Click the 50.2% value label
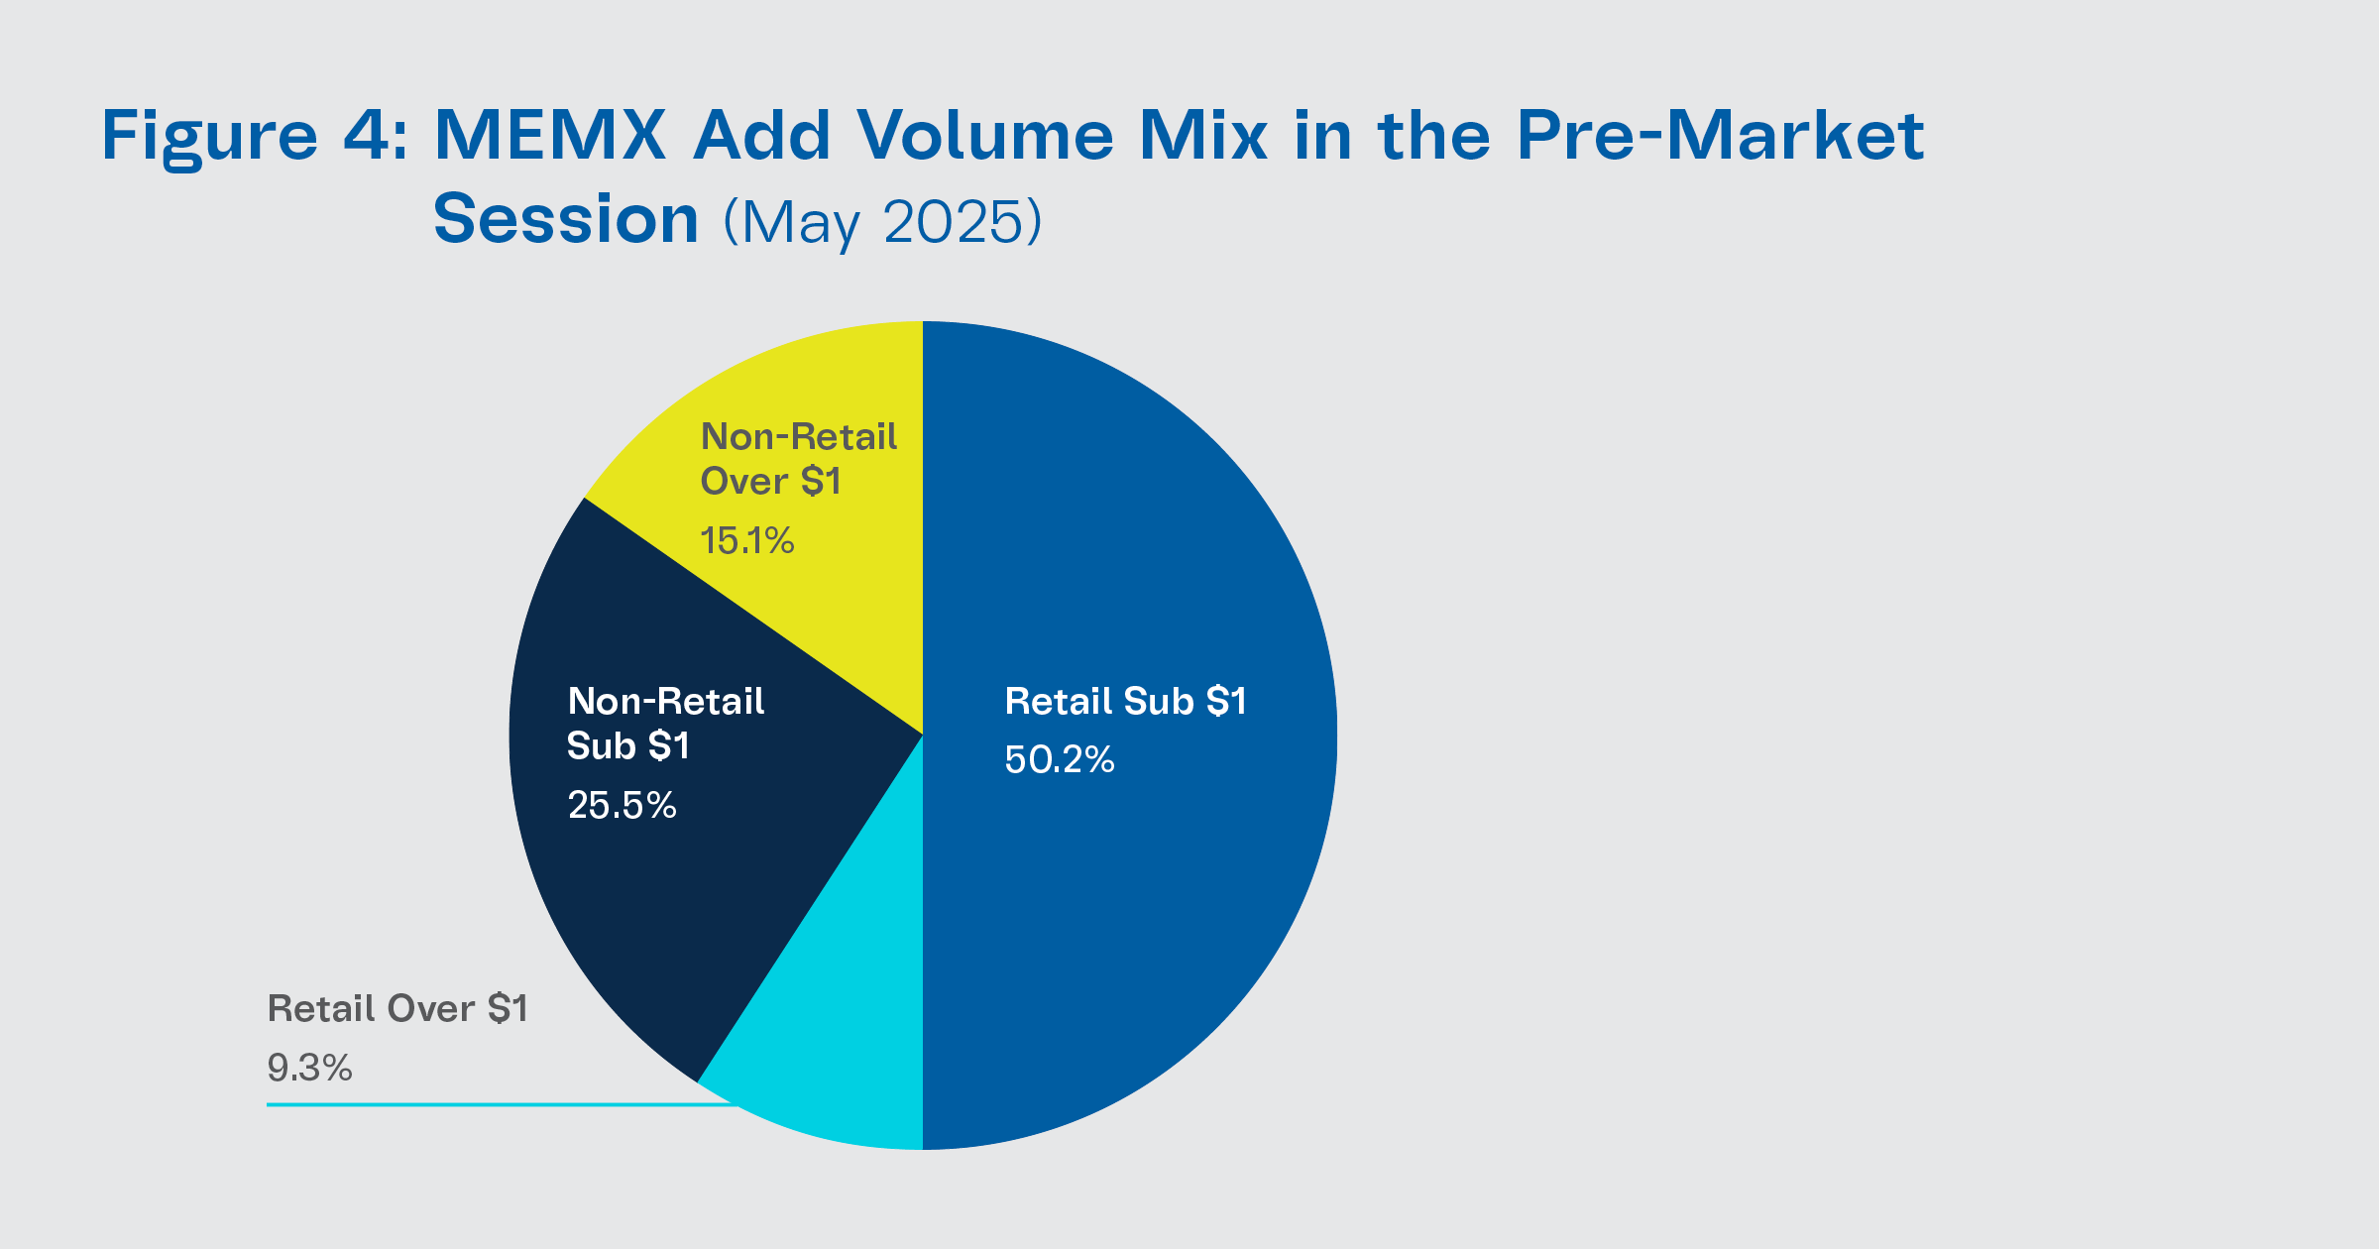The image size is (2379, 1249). (x=1059, y=760)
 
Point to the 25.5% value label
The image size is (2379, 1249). (x=622, y=805)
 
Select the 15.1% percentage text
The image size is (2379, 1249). (x=746, y=540)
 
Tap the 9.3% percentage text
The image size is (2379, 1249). (x=309, y=1068)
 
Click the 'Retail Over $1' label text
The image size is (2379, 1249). (x=397, y=1009)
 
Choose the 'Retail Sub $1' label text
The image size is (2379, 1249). (x=1125, y=702)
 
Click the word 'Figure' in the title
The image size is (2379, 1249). (x=209, y=136)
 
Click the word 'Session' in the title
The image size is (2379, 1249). (x=566, y=219)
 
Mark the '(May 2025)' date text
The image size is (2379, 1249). (x=882, y=221)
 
